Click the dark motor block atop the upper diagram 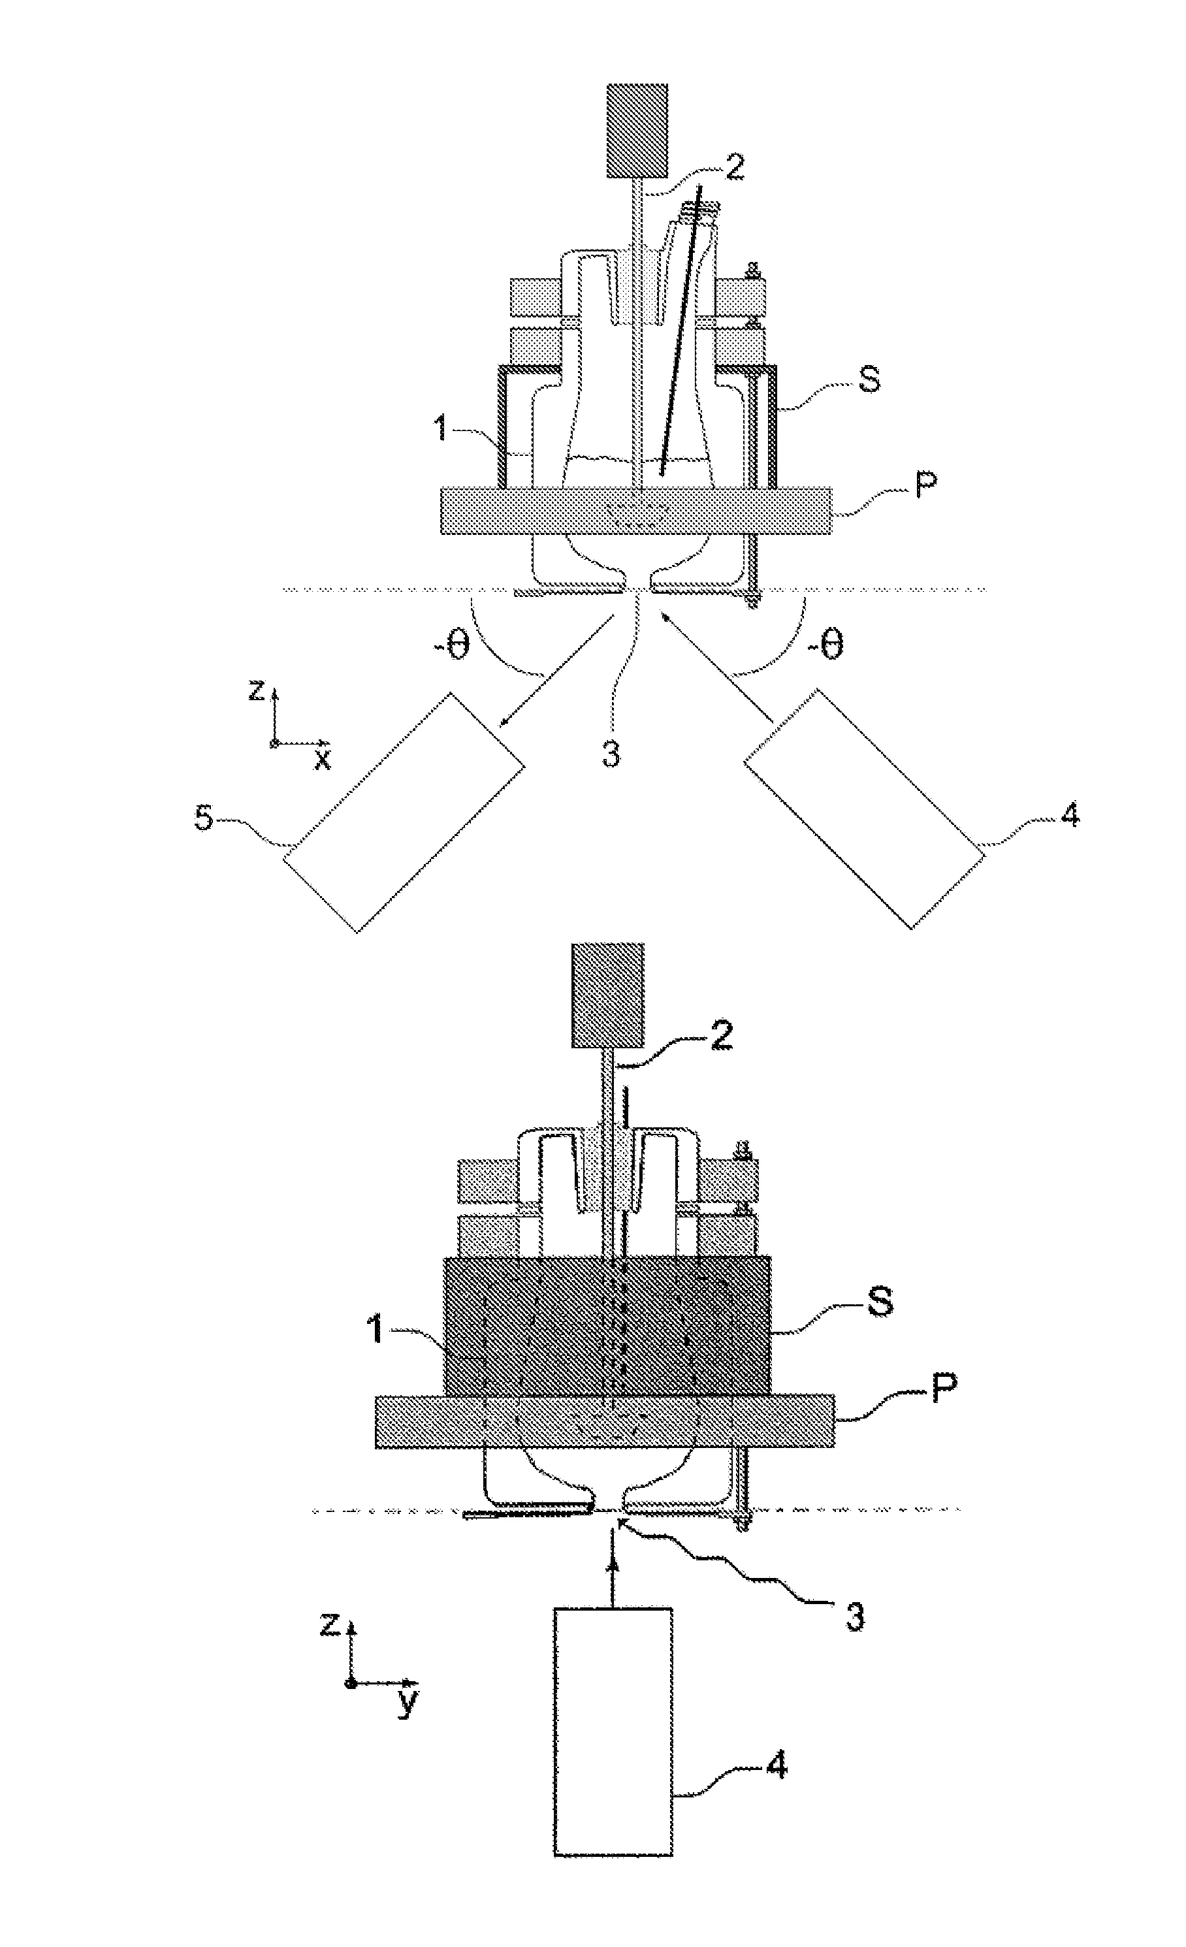pyautogui.click(x=637, y=131)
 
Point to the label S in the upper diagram pyautogui.click(x=869, y=380)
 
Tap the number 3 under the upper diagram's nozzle pyautogui.click(x=611, y=753)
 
